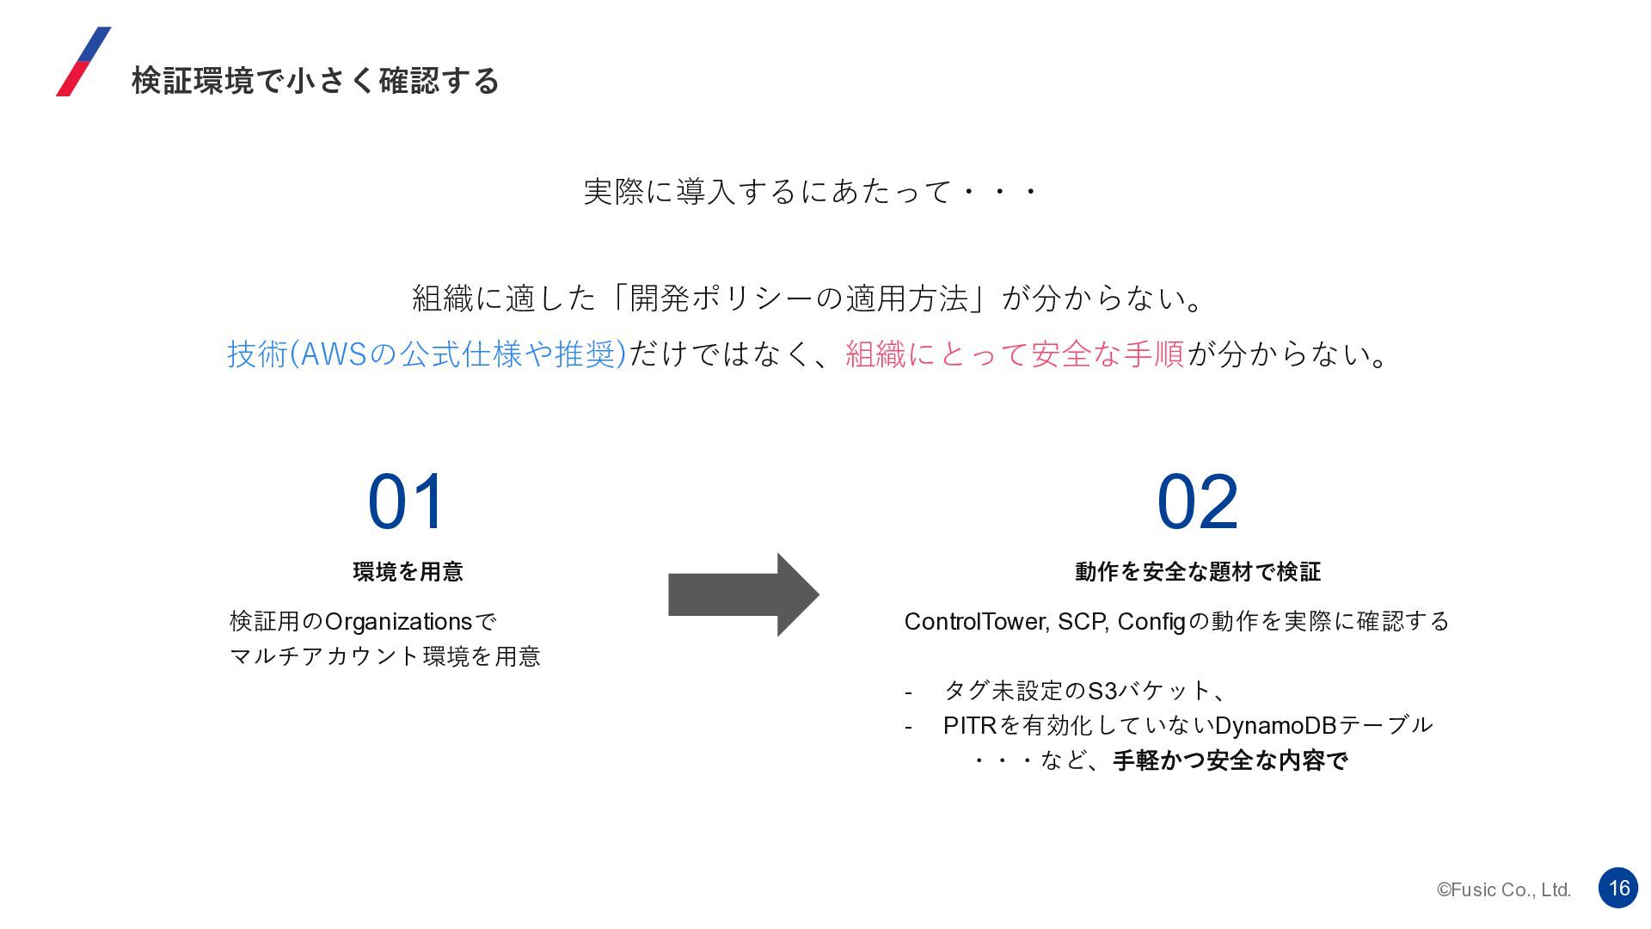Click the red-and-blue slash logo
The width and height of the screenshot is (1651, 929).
(x=83, y=61)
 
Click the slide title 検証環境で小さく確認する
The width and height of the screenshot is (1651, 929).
(x=315, y=81)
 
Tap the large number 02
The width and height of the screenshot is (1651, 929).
(x=1197, y=501)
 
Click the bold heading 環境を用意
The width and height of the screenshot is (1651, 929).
(x=408, y=571)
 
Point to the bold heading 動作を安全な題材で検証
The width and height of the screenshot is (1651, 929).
(x=1197, y=571)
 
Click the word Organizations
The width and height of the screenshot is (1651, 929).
(x=398, y=622)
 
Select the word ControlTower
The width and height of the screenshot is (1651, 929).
(x=975, y=622)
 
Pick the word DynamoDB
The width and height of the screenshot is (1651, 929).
(x=1275, y=726)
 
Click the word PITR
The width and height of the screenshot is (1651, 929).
(x=969, y=726)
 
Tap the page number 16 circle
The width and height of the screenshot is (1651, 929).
(x=1617, y=888)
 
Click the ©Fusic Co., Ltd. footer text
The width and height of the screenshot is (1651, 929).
(x=1503, y=890)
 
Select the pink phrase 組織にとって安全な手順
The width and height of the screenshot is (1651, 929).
(x=1015, y=354)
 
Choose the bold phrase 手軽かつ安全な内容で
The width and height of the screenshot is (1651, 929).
(x=1230, y=760)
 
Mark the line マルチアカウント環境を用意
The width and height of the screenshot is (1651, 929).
(x=385, y=656)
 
